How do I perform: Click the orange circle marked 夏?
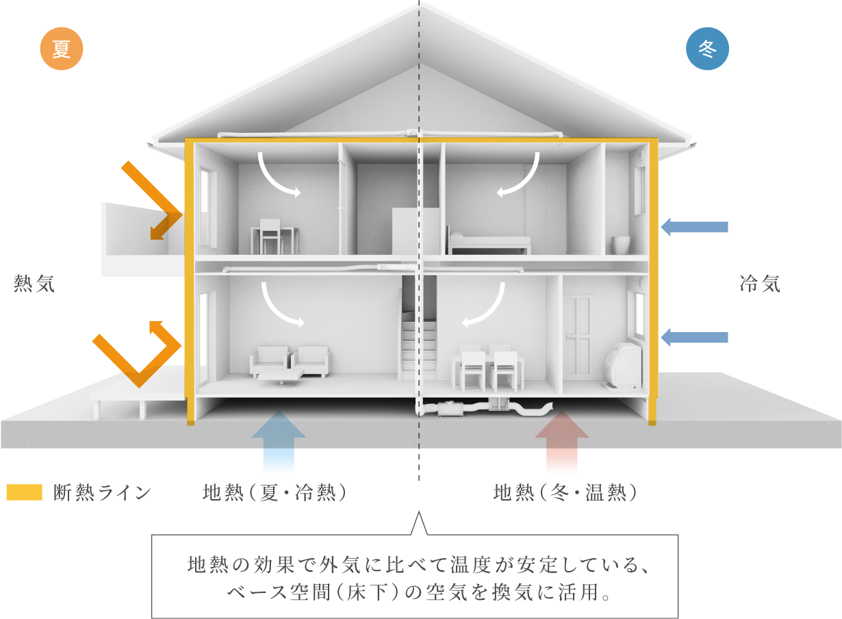click(62, 49)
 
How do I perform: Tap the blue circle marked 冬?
click(707, 49)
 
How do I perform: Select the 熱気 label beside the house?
click(35, 283)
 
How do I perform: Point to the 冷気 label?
click(760, 283)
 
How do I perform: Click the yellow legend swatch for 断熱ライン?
click(25, 492)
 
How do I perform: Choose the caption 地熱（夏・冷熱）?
click(275, 492)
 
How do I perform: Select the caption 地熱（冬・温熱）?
click(565, 492)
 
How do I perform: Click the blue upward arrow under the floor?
click(279, 440)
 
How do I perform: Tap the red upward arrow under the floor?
click(561, 440)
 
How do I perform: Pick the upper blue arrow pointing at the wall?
click(694, 227)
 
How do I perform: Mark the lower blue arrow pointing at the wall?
click(694, 337)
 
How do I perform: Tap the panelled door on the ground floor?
click(577, 336)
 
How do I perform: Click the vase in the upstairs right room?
click(621, 244)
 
